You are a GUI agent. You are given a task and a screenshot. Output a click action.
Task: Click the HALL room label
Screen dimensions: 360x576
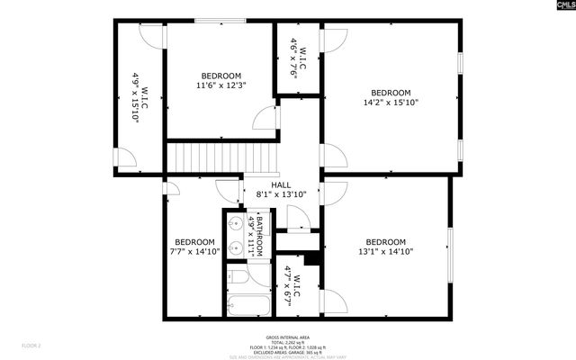(269, 184)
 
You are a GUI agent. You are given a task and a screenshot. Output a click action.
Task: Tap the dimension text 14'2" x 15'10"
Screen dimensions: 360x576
(391, 103)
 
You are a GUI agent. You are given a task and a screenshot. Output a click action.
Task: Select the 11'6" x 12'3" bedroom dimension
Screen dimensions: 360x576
(220, 85)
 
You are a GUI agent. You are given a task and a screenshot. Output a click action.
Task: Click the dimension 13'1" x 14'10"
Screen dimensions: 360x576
(385, 252)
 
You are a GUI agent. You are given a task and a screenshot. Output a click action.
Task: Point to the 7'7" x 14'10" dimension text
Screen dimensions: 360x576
(194, 252)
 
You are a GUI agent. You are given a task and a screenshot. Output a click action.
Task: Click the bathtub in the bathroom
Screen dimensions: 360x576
(247, 306)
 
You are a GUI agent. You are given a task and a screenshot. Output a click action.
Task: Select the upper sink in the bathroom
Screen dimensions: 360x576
(233, 222)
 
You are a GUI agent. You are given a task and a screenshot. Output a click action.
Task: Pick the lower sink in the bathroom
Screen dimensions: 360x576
(233, 245)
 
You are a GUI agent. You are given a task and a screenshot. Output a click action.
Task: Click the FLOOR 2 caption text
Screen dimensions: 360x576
(32, 344)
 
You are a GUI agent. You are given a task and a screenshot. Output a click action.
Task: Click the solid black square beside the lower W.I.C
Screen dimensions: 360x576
(311, 258)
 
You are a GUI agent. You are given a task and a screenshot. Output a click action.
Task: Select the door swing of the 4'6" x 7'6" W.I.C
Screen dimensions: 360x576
(334, 40)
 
